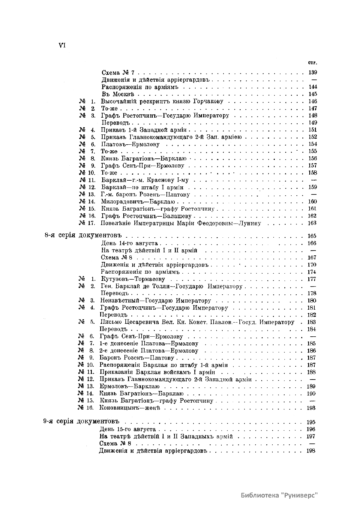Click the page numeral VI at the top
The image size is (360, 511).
pyautogui.click(x=62, y=46)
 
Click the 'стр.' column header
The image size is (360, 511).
pyautogui.click(x=313, y=63)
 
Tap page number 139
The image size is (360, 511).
pyautogui.click(x=313, y=73)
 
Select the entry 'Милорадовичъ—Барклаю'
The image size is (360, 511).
pyautogui.click(x=138, y=202)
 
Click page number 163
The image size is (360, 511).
pyautogui.click(x=312, y=223)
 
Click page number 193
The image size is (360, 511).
pyautogui.click(x=312, y=408)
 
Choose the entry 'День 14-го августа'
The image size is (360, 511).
pyautogui.click(x=130, y=243)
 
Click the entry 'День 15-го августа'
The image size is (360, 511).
pyautogui.click(x=127, y=429)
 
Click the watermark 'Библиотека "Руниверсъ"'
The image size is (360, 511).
pyautogui.click(x=279, y=495)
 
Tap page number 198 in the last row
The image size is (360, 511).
pyautogui.click(x=311, y=451)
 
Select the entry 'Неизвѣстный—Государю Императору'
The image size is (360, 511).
pyautogui.click(x=156, y=301)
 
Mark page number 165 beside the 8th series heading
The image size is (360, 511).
pyautogui.click(x=312, y=236)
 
